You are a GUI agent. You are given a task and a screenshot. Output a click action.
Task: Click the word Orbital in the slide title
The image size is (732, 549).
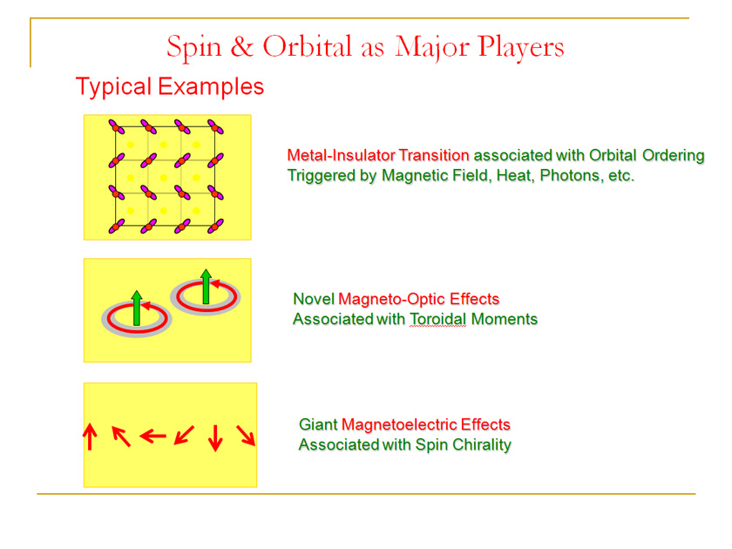coord(307,47)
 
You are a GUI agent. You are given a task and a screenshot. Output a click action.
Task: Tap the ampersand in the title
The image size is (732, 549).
coord(242,47)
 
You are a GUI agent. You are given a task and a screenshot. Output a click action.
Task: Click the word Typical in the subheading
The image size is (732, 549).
coord(114,87)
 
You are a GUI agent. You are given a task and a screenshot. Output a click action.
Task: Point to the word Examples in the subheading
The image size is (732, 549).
coord(211,87)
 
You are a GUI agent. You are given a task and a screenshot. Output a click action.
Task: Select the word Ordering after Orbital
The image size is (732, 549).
coord(673,156)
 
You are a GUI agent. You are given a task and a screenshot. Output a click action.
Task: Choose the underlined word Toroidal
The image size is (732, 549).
coord(437,319)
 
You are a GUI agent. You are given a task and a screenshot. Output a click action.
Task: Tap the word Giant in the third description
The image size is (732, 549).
coord(318,424)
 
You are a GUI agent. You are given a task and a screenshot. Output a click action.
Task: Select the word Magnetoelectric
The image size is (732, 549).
coord(399,424)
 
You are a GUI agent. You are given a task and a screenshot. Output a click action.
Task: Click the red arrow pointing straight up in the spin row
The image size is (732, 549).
coord(90,437)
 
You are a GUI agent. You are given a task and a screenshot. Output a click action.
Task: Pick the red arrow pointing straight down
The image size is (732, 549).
coord(215,437)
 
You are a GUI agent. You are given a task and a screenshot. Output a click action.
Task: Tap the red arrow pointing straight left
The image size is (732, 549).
coord(153,436)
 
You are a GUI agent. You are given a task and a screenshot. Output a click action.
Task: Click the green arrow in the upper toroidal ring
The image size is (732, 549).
coord(206,287)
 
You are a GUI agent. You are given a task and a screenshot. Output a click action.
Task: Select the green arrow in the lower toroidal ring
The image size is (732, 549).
coord(136,308)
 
